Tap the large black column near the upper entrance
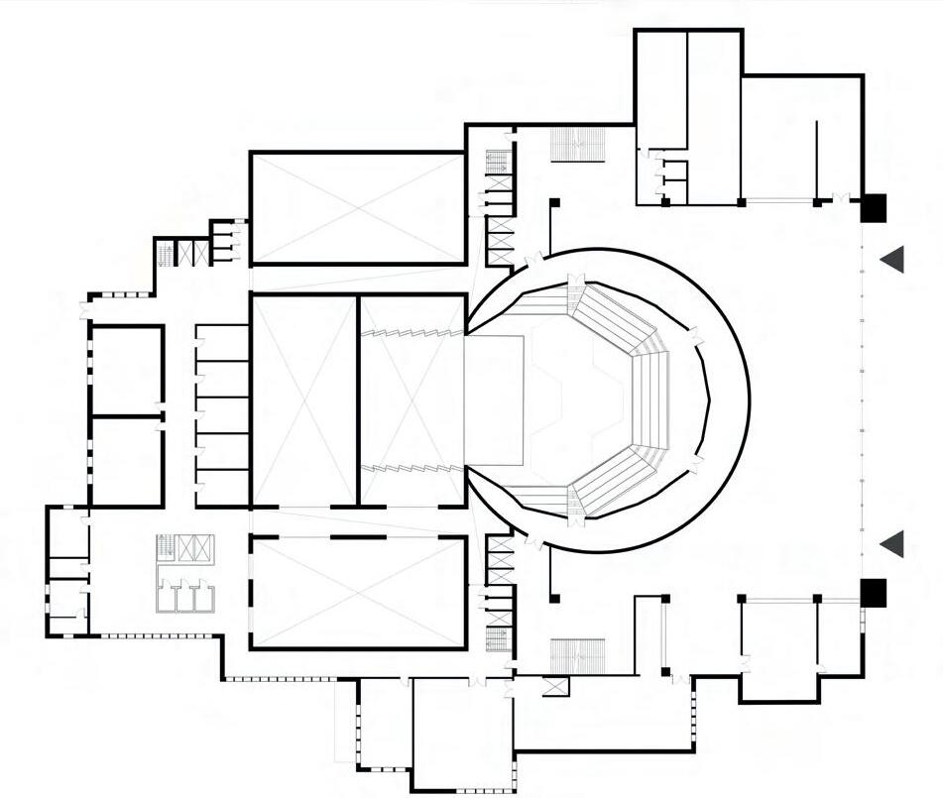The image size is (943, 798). click(873, 207)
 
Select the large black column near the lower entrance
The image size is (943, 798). click(873, 592)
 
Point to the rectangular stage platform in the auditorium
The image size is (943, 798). click(494, 399)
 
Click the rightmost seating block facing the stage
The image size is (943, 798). click(652, 399)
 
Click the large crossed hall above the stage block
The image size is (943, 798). click(357, 207)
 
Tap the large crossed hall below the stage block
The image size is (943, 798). click(357, 592)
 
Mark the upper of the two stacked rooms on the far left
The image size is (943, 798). click(127, 369)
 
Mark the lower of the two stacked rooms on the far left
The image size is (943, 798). click(127, 461)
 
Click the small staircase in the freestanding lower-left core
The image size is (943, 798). click(165, 546)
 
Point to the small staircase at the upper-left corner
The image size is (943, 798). click(166, 254)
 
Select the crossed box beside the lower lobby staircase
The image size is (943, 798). click(556, 685)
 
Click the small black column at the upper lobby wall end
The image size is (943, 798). click(554, 203)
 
